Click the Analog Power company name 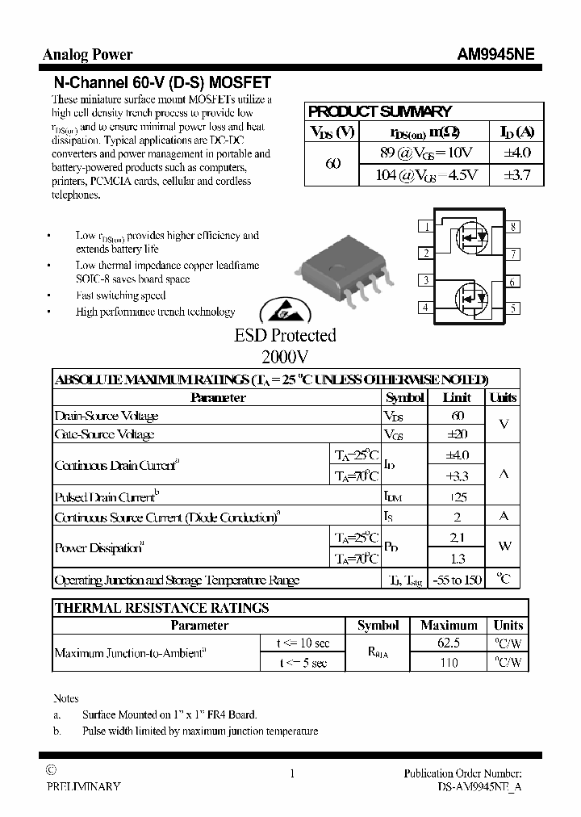tap(87, 55)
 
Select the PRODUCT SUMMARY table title tap(380, 111)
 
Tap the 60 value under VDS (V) tap(332, 164)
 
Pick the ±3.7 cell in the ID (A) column tap(516, 175)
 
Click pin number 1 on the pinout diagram tap(425, 227)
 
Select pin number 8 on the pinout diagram tap(512, 227)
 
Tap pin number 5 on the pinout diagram tap(512, 308)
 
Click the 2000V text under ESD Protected tap(285, 356)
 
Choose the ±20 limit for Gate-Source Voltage tap(457, 434)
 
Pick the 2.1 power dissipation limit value tap(457, 538)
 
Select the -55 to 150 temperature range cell tap(457, 580)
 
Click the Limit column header tap(457, 398)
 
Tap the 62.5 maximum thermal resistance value tap(449, 643)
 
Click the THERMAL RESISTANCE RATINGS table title tap(161, 608)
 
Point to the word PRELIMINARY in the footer tap(83, 786)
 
